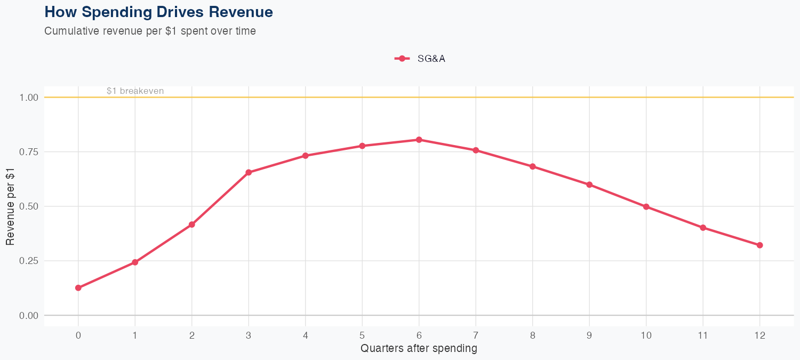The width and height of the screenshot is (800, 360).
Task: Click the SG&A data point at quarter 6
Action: (419, 140)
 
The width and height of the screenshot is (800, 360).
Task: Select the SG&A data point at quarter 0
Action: (78, 288)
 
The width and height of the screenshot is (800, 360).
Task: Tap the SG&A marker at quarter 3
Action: (249, 172)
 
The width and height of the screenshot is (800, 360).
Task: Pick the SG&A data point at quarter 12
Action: (759, 245)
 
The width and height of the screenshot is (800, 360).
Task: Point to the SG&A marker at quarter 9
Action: (589, 185)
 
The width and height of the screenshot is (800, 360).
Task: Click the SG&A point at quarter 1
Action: (135, 262)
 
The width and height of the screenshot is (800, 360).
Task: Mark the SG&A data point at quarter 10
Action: (646, 206)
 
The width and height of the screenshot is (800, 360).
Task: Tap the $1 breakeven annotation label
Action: (135, 91)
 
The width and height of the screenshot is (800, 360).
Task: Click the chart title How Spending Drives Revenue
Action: (159, 12)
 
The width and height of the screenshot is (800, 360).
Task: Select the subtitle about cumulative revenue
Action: (150, 31)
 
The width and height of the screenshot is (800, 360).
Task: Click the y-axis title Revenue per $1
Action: (10, 206)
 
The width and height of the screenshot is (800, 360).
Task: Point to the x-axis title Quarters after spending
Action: (419, 349)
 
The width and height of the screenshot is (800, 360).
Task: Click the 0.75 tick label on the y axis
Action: (29, 152)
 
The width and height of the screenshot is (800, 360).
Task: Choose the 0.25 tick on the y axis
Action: (29, 261)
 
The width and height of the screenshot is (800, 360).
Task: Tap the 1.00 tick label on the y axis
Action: (29, 98)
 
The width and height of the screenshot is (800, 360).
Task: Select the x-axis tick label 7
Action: (476, 335)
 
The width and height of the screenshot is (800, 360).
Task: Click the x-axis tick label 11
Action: (703, 335)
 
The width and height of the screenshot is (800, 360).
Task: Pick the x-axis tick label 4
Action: (305, 335)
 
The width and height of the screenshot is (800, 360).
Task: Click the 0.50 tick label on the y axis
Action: (29, 206)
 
